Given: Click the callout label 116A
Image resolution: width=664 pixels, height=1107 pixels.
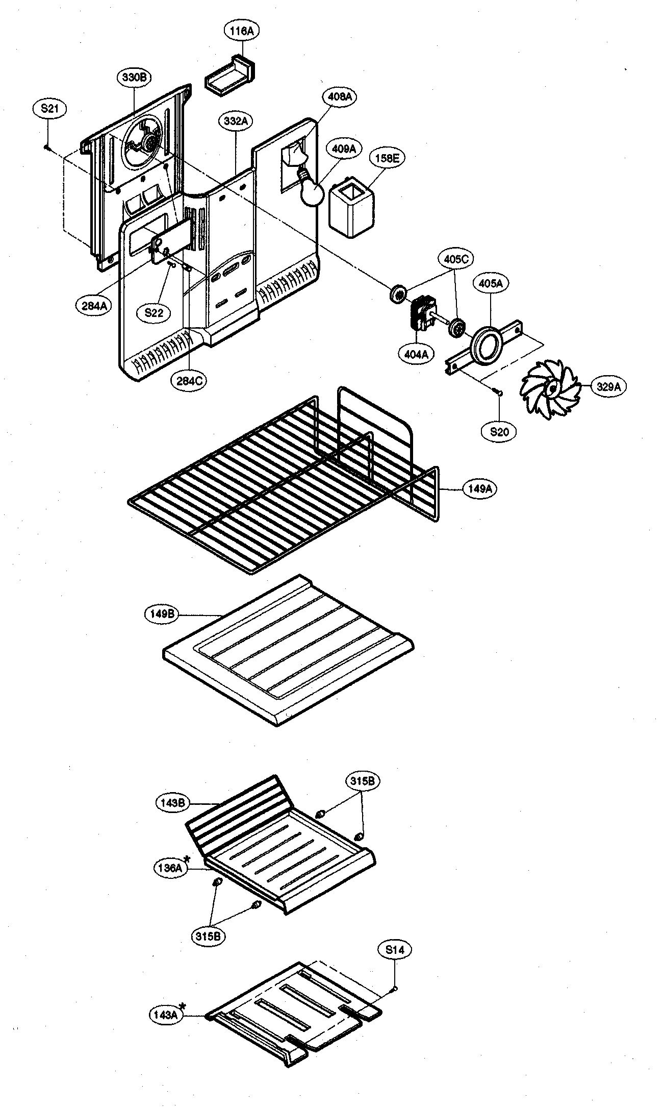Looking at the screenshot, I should tap(242, 31).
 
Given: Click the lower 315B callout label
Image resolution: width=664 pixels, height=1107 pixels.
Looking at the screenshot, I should tap(209, 937).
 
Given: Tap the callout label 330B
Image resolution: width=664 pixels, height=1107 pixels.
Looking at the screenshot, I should tap(134, 78).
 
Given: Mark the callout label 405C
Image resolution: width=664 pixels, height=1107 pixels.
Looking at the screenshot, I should tap(456, 259).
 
